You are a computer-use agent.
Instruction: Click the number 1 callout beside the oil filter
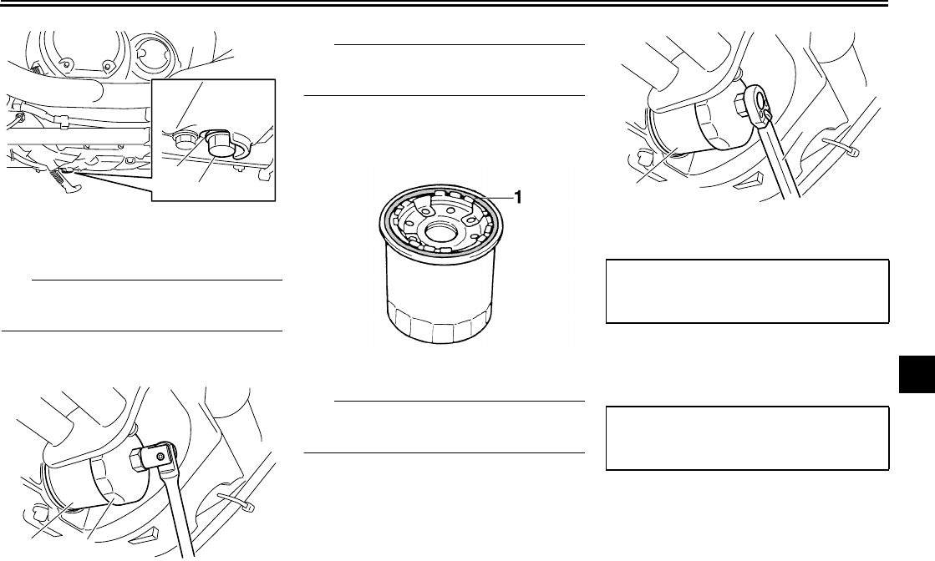tap(518, 196)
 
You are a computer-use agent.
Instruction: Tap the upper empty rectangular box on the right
tap(747, 291)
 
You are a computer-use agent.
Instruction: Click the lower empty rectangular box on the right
tap(747, 438)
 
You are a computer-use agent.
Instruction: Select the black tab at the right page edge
tap(917, 375)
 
